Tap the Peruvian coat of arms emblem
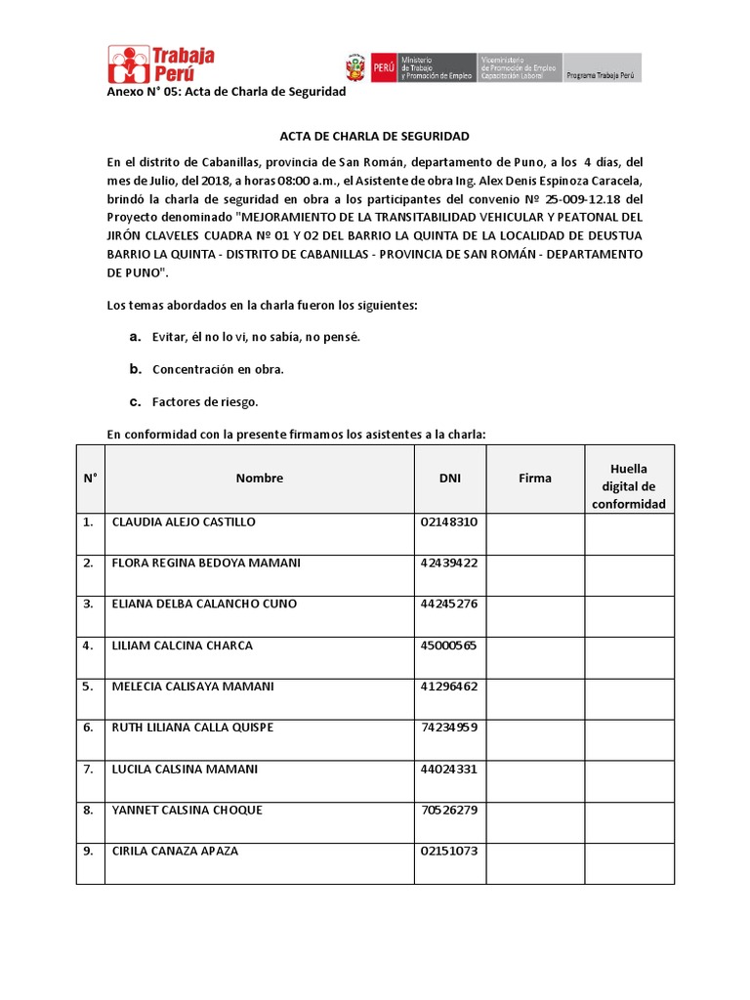[x=354, y=67]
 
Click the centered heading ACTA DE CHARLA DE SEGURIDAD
[x=375, y=136]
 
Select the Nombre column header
[x=260, y=479]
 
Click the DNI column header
[x=449, y=479]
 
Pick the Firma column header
[x=535, y=479]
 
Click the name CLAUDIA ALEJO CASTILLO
[x=184, y=522]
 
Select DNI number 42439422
[x=449, y=563]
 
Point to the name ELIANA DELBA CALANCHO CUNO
[x=204, y=604]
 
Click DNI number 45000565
[x=449, y=646]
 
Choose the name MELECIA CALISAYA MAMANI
[x=193, y=687]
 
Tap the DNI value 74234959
[x=449, y=728]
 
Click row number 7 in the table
[x=88, y=769]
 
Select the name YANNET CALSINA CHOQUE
[x=187, y=810]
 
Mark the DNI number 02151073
[x=449, y=851]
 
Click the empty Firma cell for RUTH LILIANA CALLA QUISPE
[x=535, y=740]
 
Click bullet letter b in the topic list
[x=136, y=369]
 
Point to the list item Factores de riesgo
[x=205, y=401]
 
